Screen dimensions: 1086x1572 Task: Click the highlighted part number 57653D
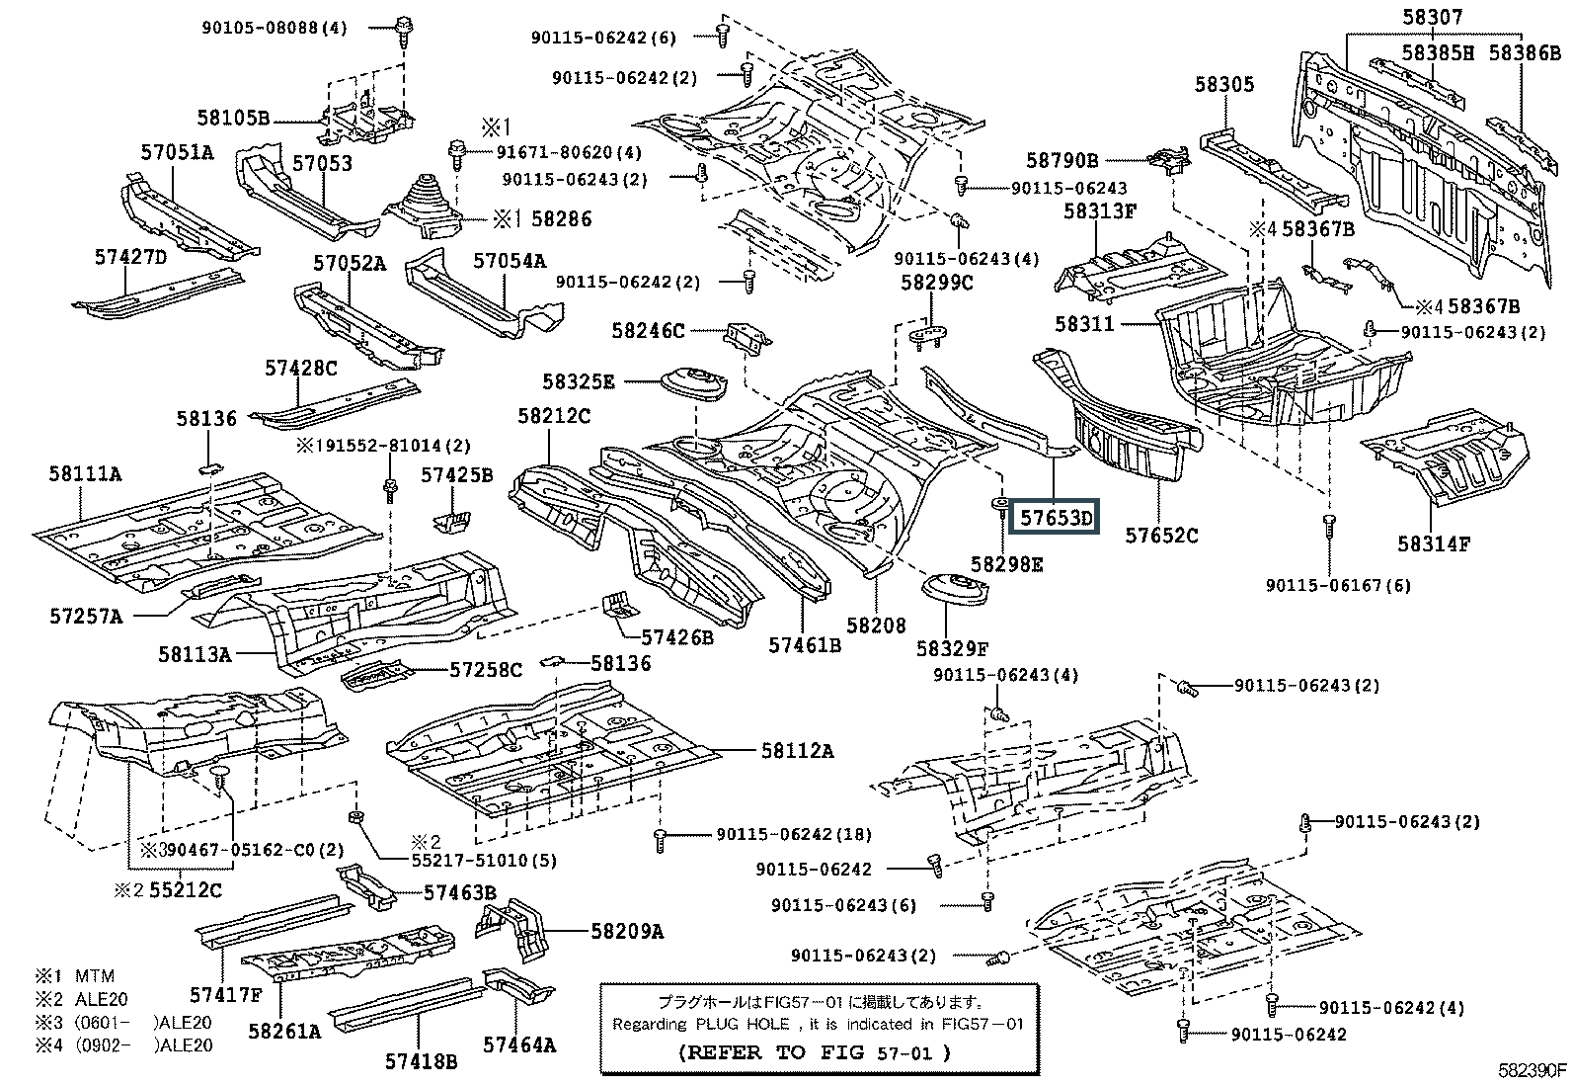[x=1057, y=517]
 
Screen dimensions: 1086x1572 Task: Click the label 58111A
[x=85, y=474]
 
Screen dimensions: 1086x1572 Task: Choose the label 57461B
[x=805, y=645]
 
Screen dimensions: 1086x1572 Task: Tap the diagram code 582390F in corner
[x=1530, y=1070]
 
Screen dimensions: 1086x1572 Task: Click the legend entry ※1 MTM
[x=81, y=976]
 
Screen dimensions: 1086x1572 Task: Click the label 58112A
[x=797, y=751]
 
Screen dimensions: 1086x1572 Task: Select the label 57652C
[x=1161, y=536]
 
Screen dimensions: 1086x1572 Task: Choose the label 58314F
[x=1434, y=543]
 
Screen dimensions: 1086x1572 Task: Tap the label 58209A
[x=627, y=931]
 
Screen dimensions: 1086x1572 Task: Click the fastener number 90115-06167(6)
[x=1338, y=585]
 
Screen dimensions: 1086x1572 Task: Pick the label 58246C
[x=648, y=330]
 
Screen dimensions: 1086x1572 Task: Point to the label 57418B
[x=421, y=1061]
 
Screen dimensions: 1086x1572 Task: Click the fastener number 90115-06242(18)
[x=794, y=834]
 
